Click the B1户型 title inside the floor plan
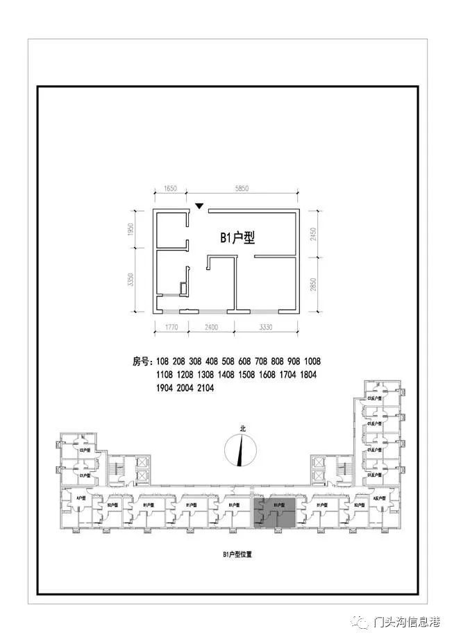pyautogui.click(x=238, y=238)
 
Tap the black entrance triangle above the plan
pyautogui.click(x=199, y=205)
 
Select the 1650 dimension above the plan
pyautogui.click(x=171, y=188)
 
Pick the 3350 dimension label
pyautogui.click(x=130, y=280)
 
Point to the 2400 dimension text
pyautogui.click(x=212, y=327)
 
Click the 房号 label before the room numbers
pyautogui.click(x=141, y=362)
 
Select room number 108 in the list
pyautogui.click(x=163, y=362)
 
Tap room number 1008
pyautogui.click(x=312, y=362)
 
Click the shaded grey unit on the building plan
pyautogui.click(x=274, y=513)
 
